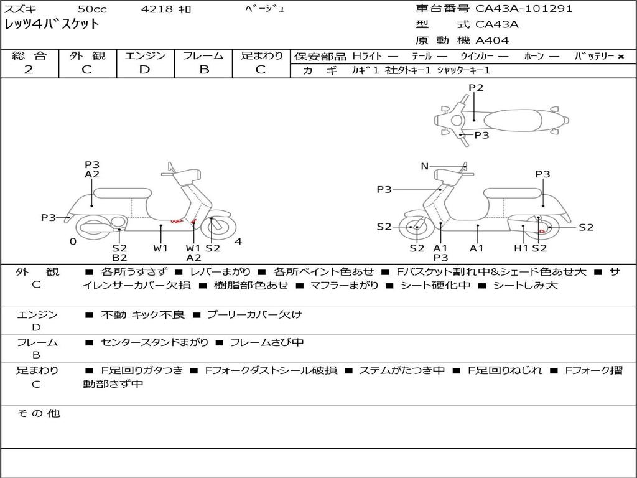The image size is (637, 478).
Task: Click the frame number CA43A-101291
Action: pos(524,9)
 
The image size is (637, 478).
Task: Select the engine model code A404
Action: pos(492,40)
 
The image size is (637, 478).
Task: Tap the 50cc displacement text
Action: pos(91,9)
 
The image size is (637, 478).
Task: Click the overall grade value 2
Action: pos(29,70)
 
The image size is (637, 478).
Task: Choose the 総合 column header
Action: pos(29,56)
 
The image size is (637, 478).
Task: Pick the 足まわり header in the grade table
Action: pos(262,56)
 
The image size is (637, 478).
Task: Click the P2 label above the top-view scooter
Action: pos(476,88)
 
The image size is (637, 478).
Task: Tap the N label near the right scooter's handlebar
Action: pos(425,166)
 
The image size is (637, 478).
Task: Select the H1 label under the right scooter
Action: pos(521,248)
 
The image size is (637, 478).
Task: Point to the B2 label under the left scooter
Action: pos(119,257)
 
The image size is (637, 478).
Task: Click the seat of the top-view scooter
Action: pos(514,119)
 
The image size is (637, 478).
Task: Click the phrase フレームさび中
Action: pos(267,342)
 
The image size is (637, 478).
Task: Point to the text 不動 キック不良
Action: pos(142,314)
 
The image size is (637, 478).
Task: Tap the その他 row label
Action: pos(38,413)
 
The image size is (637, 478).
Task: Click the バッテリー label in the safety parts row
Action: pos(593,56)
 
